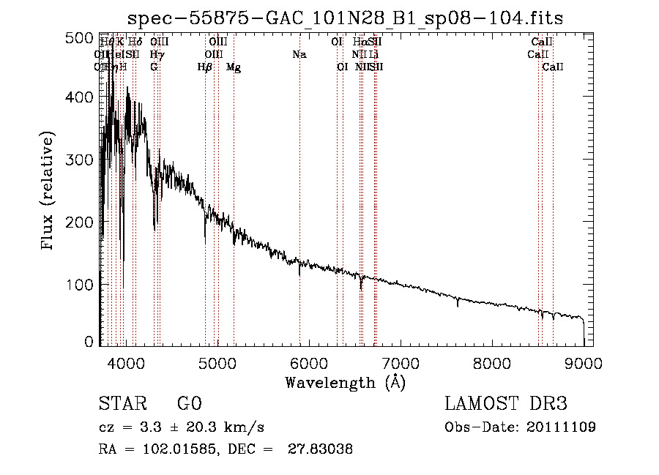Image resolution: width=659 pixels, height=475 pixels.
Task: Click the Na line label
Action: click(x=299, y=55)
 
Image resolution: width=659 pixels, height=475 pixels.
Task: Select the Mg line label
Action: click(x=234, y=67)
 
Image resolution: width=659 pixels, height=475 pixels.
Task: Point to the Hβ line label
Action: click(x=205, y=67)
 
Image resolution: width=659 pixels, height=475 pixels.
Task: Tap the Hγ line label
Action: click(x=157, y=55)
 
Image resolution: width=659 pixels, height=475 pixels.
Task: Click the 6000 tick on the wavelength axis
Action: click(x=308, y=362)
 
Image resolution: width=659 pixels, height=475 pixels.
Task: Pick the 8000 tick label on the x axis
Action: click(x=492, y=362)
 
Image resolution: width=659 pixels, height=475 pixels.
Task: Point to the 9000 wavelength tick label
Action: click(x=584, y=362)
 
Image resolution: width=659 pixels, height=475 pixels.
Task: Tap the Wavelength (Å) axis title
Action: click(x=345, y=382)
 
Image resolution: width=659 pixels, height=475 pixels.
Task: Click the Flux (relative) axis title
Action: click(x=49, y=192)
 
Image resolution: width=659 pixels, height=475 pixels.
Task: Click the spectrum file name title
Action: click(x=346, y=18)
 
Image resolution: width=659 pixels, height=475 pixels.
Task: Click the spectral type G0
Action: click(x=189, y=404)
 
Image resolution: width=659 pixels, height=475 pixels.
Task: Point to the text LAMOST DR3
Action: click(x=506, y=404)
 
